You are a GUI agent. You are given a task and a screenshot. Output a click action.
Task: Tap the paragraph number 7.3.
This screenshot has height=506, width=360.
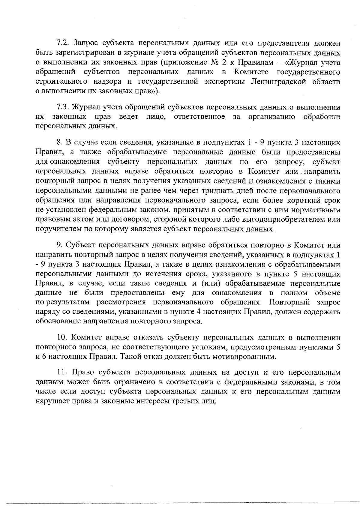63,107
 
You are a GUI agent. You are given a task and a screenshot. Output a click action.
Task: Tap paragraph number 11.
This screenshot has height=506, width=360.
62,373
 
